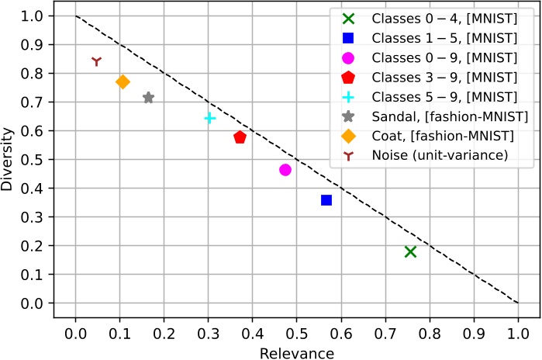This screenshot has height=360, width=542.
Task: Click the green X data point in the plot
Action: pyautogui.click(x=410, y=251)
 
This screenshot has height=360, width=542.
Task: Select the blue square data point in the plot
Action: pyautogui.click(x=326, y=200)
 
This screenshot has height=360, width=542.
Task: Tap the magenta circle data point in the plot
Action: pyautogui.click(x=285, y=170)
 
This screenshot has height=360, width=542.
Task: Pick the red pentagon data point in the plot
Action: pyautogui.click(x=240, y=137)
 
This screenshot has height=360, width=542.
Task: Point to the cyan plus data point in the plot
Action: pyautogui.click(x=209, y=118)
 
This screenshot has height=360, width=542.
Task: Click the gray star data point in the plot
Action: pyautogui.click(x=148, y=98)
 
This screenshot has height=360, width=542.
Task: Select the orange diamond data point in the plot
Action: pyautogui.click(x=123, y=81)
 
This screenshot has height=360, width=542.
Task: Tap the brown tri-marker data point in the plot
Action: pyautogui.click(x=96, y=61)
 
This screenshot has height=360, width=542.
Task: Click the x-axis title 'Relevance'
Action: pyautogui.click(x=297, y=353)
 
